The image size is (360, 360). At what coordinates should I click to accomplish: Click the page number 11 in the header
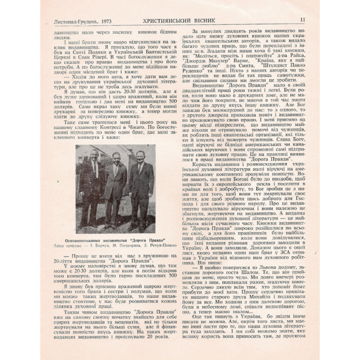tap(302, 20)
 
